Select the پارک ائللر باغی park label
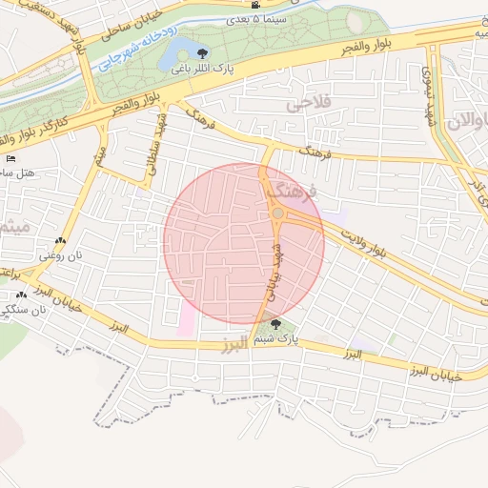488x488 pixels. [201, 69]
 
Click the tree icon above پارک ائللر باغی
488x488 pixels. [200, 51]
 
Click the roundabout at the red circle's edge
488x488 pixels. [277, 215]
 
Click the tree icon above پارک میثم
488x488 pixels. [276, 325]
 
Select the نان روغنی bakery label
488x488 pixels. [56, 255]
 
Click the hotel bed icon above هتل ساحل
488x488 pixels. [10, 158]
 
